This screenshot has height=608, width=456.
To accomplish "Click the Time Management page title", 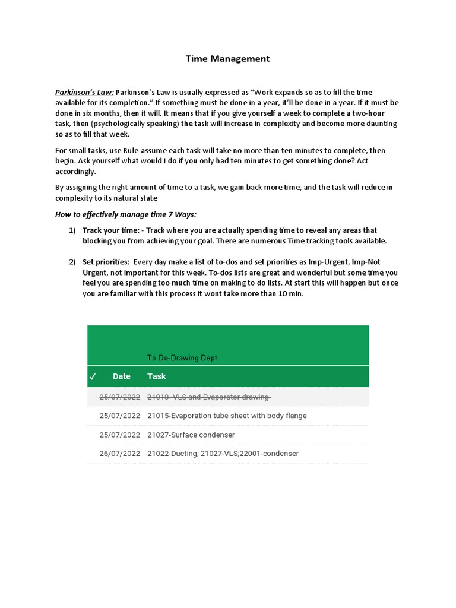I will (227, 58).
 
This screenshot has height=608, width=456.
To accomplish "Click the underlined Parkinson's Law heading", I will (84, 93).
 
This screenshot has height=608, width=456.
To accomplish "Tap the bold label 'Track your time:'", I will (111, 230).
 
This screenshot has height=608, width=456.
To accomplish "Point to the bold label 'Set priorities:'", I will (106, 262).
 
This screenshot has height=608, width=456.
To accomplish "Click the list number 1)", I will (72, 230).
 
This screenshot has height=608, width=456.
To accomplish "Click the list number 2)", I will (72, 262).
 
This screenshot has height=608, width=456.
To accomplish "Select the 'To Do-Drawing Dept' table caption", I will (182, 358).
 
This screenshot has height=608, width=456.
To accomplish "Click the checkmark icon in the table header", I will (93, 376).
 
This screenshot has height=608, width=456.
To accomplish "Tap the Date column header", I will (121, 376).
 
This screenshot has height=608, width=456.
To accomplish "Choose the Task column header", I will (157, 376).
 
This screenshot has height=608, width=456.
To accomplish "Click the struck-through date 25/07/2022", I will (119, 397).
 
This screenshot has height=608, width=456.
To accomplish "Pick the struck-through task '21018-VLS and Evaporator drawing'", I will (209, 397).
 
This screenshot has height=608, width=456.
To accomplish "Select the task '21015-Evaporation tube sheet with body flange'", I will (227, 416).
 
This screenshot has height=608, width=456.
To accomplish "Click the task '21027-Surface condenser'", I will (191, 435).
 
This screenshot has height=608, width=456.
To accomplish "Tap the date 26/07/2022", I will (119, 454).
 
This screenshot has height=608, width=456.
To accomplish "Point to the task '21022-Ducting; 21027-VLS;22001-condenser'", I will (223, 454).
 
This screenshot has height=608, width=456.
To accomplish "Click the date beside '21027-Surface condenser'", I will (119, 435).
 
